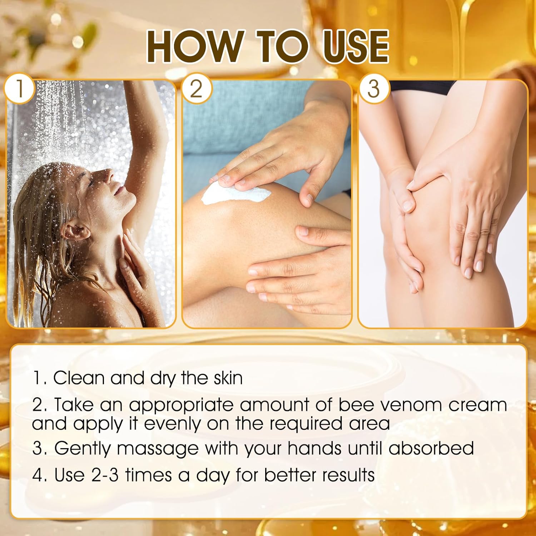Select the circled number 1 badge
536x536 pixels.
(19, 88)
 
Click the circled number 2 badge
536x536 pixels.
(196, 88)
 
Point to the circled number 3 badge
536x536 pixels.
(373, 88)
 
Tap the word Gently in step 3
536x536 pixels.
(83, 449)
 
